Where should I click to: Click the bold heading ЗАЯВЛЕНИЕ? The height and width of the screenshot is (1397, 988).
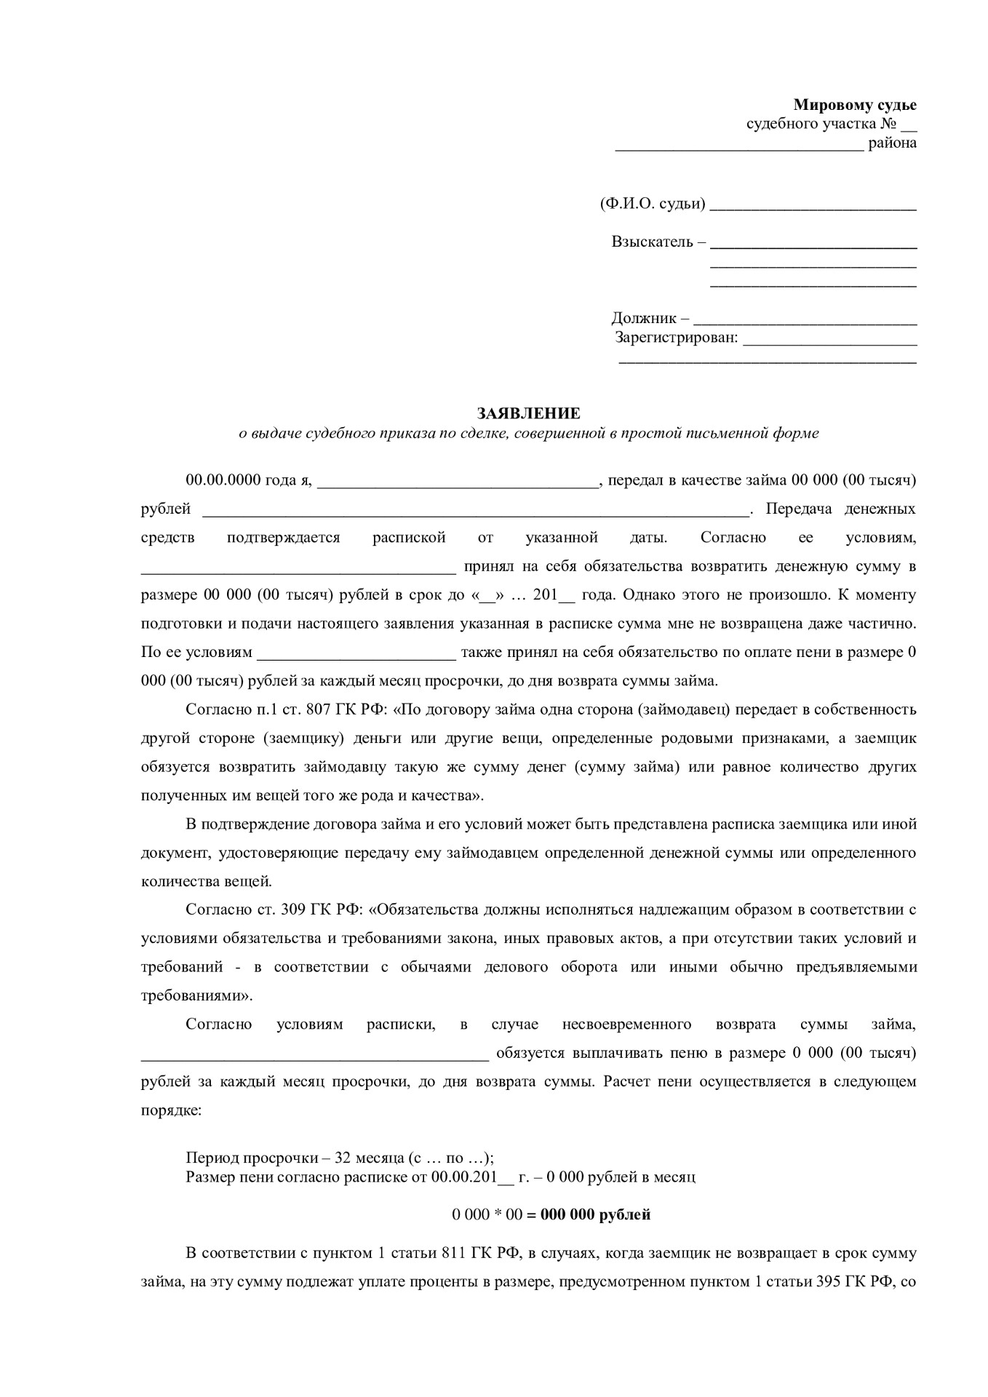[528, 413]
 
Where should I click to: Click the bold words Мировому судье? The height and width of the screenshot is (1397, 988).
[854, 105]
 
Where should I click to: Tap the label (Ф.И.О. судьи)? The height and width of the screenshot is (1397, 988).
[653, 204]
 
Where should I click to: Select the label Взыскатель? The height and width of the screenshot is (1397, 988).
[653, 242]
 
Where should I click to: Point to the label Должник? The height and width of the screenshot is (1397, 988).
[645, 318]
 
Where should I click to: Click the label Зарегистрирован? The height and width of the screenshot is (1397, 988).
[677, 338]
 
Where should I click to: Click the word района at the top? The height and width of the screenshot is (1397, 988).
[892, 143]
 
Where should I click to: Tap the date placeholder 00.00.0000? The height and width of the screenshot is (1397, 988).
[223, 480]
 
